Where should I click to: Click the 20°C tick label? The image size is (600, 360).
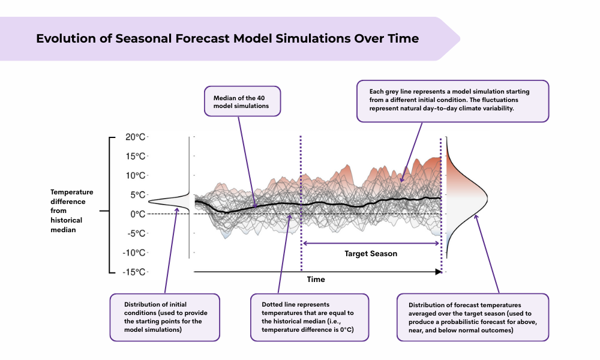[134, 137]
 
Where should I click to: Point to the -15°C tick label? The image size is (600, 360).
[133, 272]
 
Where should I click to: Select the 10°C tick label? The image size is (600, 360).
[134, 175]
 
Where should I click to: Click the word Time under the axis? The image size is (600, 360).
[316, 280]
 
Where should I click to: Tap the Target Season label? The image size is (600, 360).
[371, 254]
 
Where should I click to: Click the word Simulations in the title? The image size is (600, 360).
[304, 38]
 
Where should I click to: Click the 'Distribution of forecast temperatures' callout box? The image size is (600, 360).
[473, 317]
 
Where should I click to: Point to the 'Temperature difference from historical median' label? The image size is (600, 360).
[71, 211]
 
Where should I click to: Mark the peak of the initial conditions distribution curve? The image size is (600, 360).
[151, 202]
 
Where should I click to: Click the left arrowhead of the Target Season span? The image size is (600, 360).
[305, 243]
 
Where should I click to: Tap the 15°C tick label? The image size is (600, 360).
[134, 156]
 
